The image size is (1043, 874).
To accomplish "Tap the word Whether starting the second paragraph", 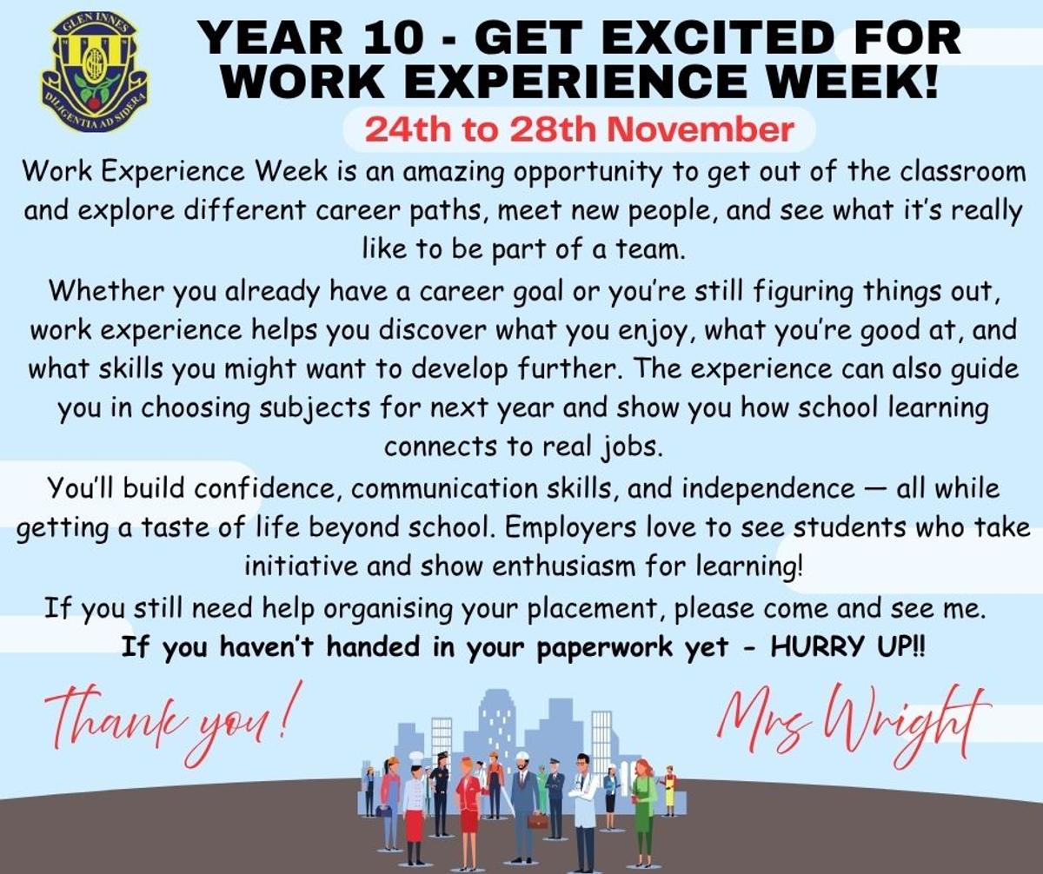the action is pyautogui.click(x=108, y=291).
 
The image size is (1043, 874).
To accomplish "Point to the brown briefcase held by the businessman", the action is pyautogui.click(x=537, y=820).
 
